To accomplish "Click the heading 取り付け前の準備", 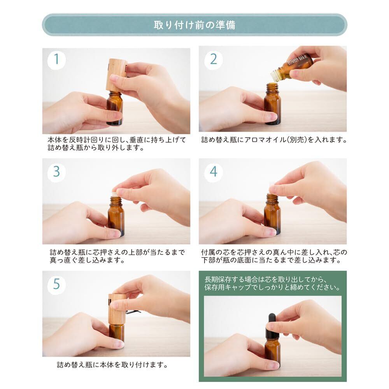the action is (x=194, y=25).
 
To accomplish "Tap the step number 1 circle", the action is (x=56, y=60).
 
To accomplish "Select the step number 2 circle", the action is (x=213, y=60).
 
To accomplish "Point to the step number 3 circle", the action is (x=56, y=172).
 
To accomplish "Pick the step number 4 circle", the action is (x=213, y=172).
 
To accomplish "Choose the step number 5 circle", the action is (x=56, y=285).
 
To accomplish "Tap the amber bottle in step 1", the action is (x=115, y=108).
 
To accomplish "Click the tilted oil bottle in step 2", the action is (x=291, y=68).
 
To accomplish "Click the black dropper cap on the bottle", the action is (x=272, y=326).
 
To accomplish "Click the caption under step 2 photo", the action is (x=274, y=140).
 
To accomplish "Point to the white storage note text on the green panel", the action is (x=272, y=283).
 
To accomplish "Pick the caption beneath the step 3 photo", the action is (x=117, y=256).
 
